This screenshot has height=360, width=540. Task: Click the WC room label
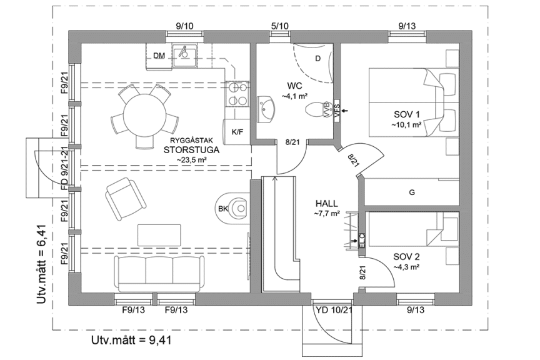coord(295,86)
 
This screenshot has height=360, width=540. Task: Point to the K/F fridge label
coord(237,132)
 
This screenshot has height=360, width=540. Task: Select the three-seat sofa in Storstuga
coord(158,270)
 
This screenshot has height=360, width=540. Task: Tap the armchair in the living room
coord(127,196)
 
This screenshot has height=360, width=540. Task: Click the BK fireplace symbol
coord(236,208)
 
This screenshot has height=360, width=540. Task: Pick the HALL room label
coord(327,204)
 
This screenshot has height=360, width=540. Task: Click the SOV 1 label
coord(407,114)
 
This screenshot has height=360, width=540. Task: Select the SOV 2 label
coord(406,257)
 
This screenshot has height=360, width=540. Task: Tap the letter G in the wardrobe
coord(412,192)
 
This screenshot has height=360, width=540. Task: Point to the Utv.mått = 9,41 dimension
coord(131,340)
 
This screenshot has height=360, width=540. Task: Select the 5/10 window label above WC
coord(279,26)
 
